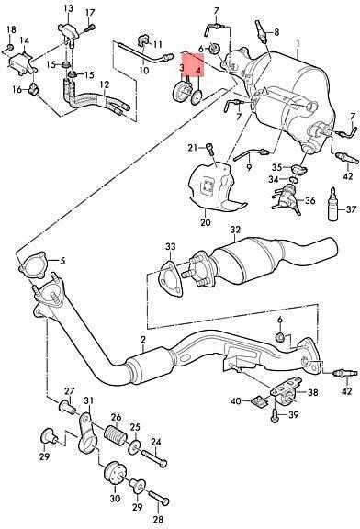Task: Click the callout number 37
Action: (x=351, y=209)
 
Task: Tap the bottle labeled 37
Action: (x=333, y=204)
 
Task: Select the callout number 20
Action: (x=206, y=222)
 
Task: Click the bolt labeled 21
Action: (x=210, y=149)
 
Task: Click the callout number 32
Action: (x=236, y=231)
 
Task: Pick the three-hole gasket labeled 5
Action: (x=33, y=265)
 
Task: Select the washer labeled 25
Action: (x=134, y=447)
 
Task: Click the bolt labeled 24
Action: (x=154, y=458)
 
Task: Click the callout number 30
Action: (x=115, y=499)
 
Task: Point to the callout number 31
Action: (x=88, y=400)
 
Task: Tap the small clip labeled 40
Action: (x=259, y=401)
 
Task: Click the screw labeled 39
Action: (x=276, y=416)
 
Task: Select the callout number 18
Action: (x=11, y=29)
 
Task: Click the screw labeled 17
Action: (x=89, y=28)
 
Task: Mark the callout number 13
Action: (x=69, y=8)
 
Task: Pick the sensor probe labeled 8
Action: (x=261, y=31)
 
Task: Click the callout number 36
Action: (x=309, y=200)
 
